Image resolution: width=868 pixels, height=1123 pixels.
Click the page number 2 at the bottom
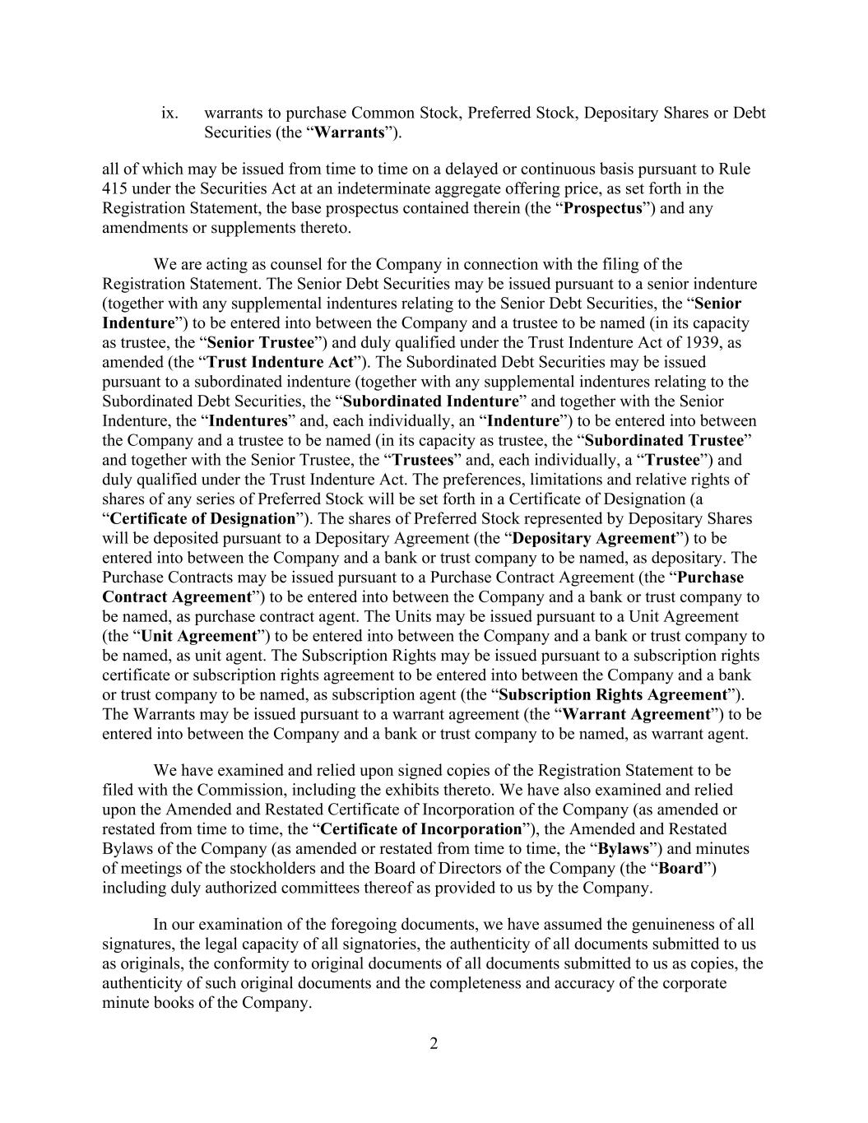434,1044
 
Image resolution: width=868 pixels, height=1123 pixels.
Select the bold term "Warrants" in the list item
350,132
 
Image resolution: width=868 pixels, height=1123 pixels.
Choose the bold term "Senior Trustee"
261,342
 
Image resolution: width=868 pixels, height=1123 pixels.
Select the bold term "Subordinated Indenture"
430,401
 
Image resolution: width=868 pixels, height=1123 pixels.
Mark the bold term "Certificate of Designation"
202,519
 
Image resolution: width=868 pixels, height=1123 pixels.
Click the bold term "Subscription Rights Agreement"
613,695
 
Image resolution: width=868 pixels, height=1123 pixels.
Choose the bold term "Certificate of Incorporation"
420,829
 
